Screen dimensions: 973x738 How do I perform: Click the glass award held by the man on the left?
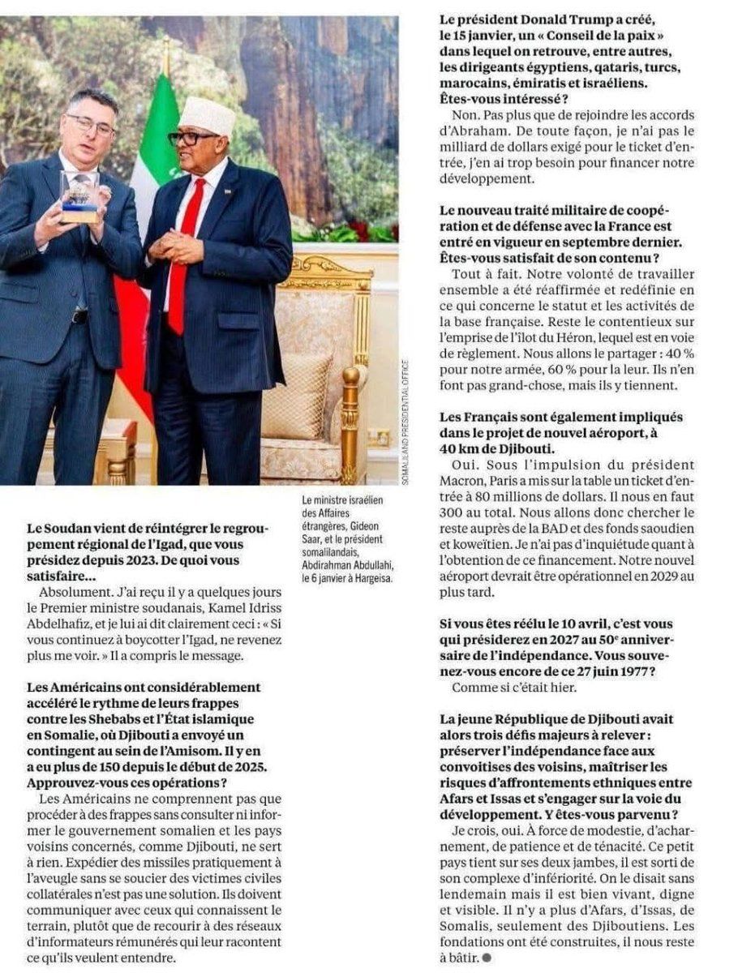tap(79, 195)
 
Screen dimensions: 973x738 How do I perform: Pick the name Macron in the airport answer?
tap(466, 480)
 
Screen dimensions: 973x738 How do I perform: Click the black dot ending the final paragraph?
tap(487, 957)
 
